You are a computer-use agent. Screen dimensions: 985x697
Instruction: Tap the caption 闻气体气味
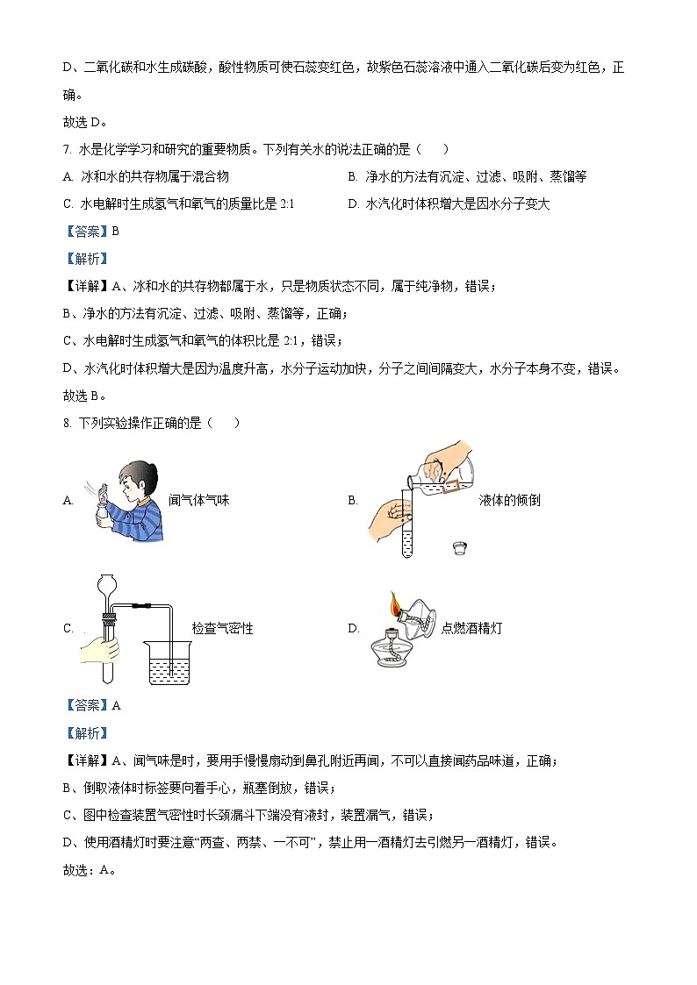(199, 500)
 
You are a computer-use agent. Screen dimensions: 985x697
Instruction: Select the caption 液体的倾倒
(509, 500)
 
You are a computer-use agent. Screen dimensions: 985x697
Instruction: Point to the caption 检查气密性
(222, 628)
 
